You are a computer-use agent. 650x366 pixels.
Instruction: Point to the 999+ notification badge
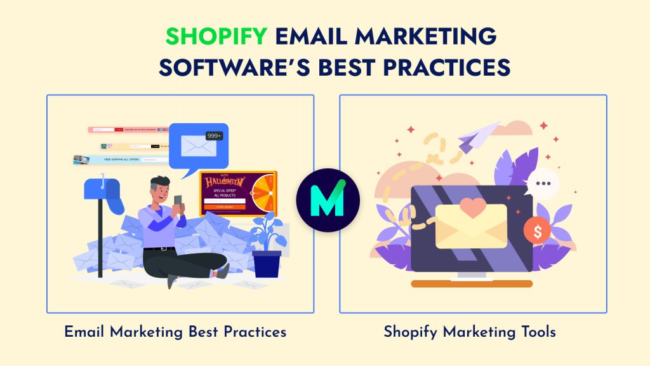tap(214, 136)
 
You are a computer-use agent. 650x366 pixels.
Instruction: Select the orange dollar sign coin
tap(537, 232)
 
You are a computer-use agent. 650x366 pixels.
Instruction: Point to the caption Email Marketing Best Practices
tap(175, 332)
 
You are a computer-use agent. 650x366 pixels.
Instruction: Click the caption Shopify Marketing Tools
tap(470, 332)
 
